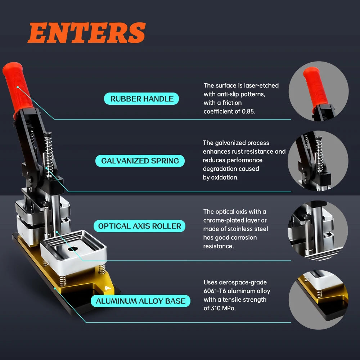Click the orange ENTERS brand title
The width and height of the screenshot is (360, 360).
86,33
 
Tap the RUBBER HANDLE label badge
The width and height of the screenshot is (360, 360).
141,99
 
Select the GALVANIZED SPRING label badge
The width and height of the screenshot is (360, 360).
140,161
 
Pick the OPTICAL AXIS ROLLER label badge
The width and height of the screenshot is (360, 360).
139,226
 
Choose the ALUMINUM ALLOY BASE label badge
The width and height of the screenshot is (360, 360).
140,301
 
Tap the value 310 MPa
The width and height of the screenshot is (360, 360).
223,308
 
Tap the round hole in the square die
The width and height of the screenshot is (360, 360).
73,248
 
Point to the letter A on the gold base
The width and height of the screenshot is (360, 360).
107,288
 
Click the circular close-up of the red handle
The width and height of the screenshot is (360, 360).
319,91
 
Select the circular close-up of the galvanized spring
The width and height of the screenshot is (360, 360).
318,161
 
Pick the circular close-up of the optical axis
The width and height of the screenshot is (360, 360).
318,230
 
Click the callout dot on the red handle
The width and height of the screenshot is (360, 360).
17,87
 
